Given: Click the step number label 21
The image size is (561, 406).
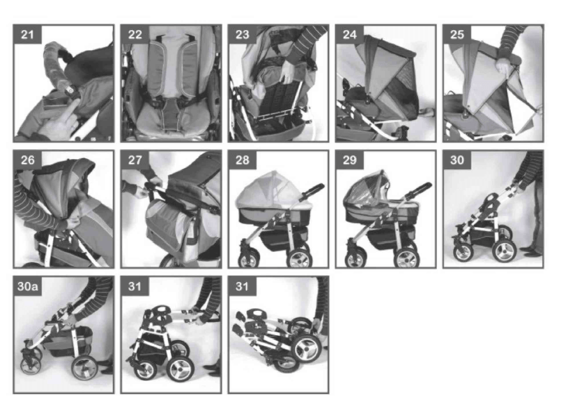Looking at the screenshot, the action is (x=27, y=34).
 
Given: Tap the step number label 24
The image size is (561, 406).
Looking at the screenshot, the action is (x=350, y=34).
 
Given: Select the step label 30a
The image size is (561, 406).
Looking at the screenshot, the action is (x=28, y=286).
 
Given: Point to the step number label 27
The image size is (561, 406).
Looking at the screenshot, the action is (x=135, y=160).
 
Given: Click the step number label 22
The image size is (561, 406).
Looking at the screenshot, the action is (x=135, y=34).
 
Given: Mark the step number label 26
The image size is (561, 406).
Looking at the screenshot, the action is (x=28, y=160).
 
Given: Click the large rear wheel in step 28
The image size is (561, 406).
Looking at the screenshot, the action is (x=300, y=257).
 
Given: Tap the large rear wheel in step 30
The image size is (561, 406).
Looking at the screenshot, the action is (x=504, y=251).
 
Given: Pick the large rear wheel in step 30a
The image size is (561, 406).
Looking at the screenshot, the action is (x=85, y=368).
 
